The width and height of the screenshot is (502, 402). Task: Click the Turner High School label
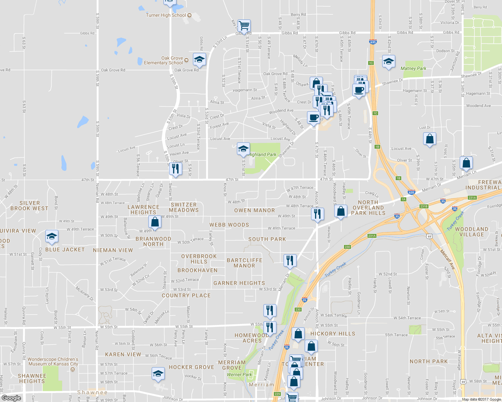[x=166, y=15]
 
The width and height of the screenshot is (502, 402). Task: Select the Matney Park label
[x=413, y=68]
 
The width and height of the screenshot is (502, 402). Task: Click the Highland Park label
[x=262, y=154]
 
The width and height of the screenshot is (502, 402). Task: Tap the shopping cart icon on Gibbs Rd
[x=244, y=25]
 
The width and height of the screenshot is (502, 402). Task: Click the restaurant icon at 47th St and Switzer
[x=175, y=169]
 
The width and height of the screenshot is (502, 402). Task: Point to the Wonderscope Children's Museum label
[x=53, y=361]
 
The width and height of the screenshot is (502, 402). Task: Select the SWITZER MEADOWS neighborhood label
[x=184, y=207]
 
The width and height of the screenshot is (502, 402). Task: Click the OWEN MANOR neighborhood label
[x=254, y=210]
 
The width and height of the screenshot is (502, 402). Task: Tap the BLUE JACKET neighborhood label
[x=65, y=250]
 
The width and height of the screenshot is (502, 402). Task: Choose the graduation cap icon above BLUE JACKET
[x=52, y=237]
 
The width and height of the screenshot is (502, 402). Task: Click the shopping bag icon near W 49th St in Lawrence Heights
[x=155, y=222]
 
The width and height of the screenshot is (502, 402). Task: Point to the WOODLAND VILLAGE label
[x=471, y=232]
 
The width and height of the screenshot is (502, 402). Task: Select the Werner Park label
[x=239, y=375]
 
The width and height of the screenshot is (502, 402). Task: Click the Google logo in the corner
[x=11, y=398]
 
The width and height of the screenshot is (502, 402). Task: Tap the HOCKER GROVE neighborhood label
[x=191, y=367]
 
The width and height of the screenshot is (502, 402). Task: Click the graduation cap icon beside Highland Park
[x=243, y=149]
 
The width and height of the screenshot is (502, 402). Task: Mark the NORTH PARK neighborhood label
[x=429, y=361]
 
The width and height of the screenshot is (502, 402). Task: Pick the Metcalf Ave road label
[x=447, y=260]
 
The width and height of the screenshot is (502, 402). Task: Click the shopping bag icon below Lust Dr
[x=430, y=139]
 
